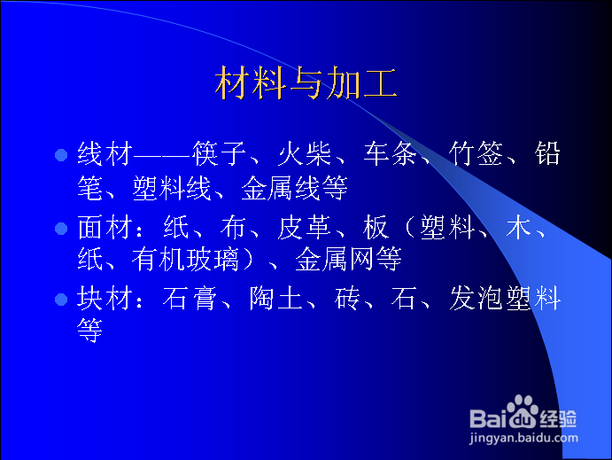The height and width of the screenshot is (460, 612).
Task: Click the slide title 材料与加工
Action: coord(306,82)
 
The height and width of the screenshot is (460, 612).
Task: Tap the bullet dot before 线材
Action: coord(61,155)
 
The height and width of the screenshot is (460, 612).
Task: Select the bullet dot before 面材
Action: coord(61,229)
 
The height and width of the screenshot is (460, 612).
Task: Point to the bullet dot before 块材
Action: coord(61,300)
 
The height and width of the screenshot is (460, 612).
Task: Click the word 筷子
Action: coord(219,153)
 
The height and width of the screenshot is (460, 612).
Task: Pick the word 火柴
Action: coord(305,153)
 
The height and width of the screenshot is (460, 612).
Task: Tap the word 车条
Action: coord(391,153)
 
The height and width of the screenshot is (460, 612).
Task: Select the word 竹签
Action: coord(476,153)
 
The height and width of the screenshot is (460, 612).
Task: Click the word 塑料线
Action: coord(172,188)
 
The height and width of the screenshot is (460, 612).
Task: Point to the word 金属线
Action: coord(281,188)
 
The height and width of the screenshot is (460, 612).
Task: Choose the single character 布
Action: coord(233,227)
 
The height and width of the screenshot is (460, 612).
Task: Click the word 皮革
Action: coord(305,227)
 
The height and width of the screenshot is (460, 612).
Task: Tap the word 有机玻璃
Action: coord(185,259)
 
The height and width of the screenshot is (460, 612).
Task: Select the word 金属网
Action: coord(335,259)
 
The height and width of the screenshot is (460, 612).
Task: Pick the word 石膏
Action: coord(190,298)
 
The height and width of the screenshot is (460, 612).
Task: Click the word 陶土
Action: coord(276,298)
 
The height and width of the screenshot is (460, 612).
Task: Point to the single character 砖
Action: coord(347,298)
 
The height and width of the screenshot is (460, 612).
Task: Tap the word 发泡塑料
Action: coord(505,298)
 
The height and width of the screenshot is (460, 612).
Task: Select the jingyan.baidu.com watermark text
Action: coord(523,438)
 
